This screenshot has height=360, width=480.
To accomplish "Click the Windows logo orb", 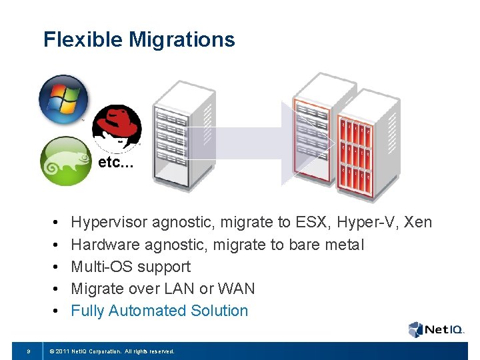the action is [x=63, y=99].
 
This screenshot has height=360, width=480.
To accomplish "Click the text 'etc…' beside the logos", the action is [x=116, y=163].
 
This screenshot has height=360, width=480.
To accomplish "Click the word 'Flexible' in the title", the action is [x=83, y=40].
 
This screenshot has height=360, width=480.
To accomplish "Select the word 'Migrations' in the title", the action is [x=182, y=40].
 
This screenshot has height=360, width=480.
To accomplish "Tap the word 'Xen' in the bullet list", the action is [x=417, y=222].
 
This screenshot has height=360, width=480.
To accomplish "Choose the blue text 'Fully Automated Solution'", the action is [x=159, y=311].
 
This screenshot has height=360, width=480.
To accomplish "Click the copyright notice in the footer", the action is [x=110, y=351].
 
